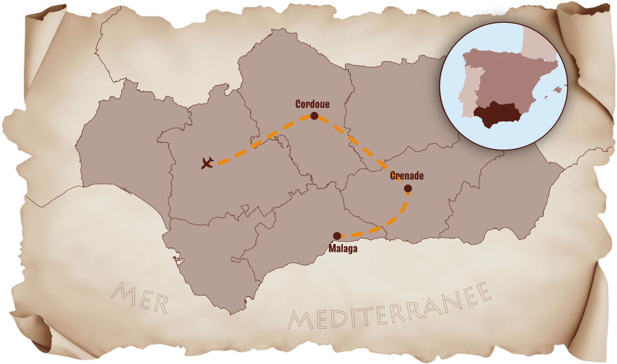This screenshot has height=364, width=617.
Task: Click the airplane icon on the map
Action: [x=207, y=163]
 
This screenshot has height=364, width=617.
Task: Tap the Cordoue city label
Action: [x=312, y=104]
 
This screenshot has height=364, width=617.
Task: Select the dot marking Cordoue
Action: [x=314, y=116]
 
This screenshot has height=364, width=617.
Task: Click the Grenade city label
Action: [x=407, y=176]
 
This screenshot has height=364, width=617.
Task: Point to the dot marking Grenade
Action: [x=408, y=188]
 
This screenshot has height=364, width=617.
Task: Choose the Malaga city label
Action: [x=343, y=248]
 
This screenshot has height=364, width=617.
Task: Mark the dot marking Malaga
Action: [x=337, y=236]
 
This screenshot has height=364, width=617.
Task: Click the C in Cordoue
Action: [x=298, y=104]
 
